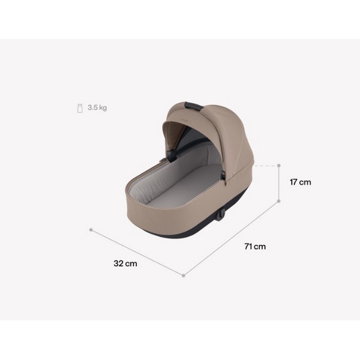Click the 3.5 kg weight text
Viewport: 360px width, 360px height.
(97, 108)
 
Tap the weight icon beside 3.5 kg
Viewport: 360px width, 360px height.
(78, 108)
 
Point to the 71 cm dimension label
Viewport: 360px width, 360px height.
(255, 247)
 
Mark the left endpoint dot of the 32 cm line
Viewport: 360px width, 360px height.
(91, 229)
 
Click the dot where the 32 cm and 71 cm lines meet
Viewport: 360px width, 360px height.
(184, 275)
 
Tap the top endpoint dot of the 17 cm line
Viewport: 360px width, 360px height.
(280, 164)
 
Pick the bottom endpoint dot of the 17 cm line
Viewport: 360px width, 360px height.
(280, 202)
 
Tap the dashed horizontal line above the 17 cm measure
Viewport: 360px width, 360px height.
(267, 164)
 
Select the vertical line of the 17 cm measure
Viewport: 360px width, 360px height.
(280, 183)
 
